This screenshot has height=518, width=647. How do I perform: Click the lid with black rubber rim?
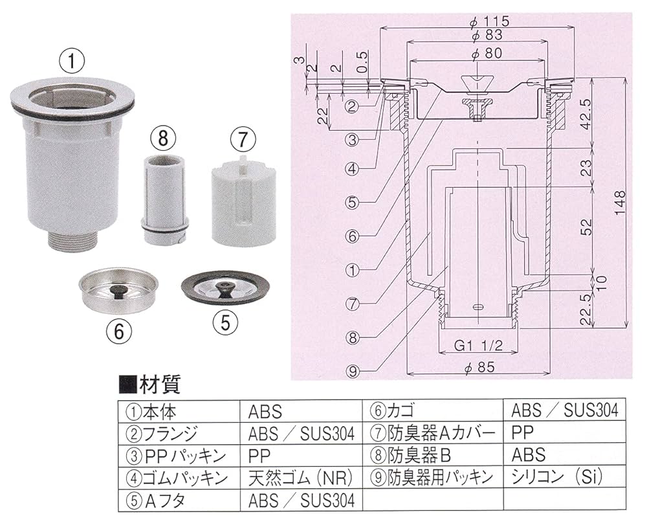tap(223, 284)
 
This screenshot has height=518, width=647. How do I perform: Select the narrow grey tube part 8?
tap(164, 197)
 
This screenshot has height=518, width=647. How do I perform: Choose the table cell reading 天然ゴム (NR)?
tap(300, 478)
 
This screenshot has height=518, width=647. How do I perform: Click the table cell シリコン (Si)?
tap(556, 478)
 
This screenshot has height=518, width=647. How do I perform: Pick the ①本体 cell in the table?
tap(149, 411)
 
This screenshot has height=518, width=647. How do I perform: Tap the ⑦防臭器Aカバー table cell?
tap(433, 433)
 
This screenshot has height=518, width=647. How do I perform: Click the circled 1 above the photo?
tap(72, 63)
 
